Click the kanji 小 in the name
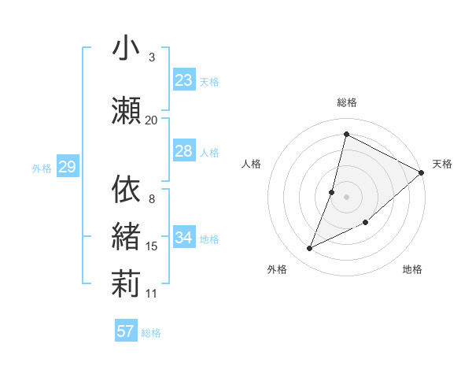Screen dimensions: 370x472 click(x=126, y=48)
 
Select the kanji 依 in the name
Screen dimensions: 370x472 click(x=126, y=189)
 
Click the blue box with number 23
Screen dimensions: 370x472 click(x=183, y=80)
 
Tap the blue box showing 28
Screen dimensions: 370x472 click(x=183, y=151)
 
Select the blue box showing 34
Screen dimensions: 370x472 click(x=183, y=238)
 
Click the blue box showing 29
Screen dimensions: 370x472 click(x=67, y=167)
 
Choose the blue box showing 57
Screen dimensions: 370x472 click(x=125, y=331)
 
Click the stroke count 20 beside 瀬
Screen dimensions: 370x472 click(x=151, y=120)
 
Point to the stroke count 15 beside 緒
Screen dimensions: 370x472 click(x=152, y=246)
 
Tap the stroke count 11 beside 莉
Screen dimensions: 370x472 click(x=152, y=294)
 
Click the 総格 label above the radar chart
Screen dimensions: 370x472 click(x=347, y=102)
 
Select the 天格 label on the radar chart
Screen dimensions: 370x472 click(x=442, y=164)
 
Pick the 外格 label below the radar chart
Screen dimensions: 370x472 click(x=277, y=269)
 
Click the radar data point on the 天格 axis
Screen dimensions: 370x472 click(x=422, y=172)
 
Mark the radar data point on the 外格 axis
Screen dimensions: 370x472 click(x=310, y=249)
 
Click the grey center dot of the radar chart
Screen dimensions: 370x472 click(x=346, y=197)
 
